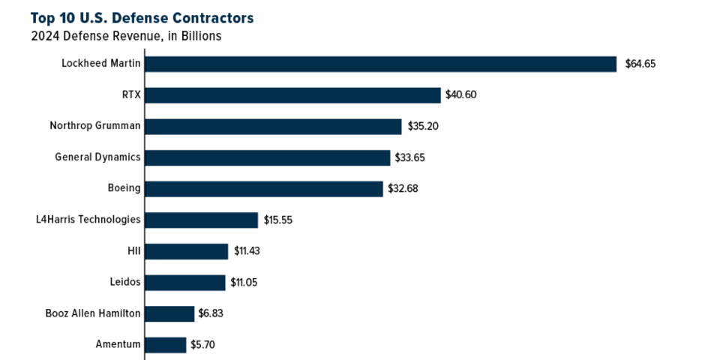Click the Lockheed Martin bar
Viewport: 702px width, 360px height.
[x=380, y=64]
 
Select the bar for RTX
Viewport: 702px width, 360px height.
[x=292, y=95]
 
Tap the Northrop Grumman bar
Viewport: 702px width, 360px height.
[x=273, y=126]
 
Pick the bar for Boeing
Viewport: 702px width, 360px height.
[x=263, y=188]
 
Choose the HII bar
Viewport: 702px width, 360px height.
[x=186, y=251]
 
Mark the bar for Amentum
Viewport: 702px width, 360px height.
[x=165, y=345]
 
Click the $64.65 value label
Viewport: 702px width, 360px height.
[x=640, y=64]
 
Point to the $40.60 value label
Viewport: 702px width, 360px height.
[x=461, y=95]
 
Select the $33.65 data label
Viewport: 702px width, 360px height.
[x=411, y=157]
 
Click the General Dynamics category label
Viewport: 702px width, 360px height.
[x=97, y=157]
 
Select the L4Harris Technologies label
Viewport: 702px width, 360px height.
[x=88, y=220]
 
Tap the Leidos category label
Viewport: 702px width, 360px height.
[x=124, y=283]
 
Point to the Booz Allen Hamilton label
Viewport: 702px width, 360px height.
[x=93, y=313]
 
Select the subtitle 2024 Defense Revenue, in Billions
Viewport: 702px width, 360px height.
[x=126, y=36]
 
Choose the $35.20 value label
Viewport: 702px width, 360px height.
[x=423, y=126]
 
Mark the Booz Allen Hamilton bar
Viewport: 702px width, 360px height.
[x=169, y=313]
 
